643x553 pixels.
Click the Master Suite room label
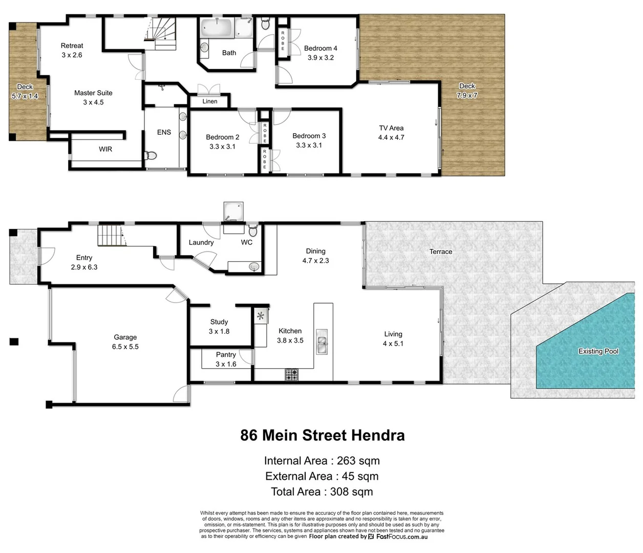(x=93, y=93)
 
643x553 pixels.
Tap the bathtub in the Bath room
(x=217, y=28)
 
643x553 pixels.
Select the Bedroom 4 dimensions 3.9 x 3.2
(x=320, y=58)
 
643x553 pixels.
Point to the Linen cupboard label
(x=210, y=101)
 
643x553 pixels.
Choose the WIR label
(x=105, y=149)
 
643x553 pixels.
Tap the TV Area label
(x=391, y=128)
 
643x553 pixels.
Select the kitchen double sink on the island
(x=322, y=342)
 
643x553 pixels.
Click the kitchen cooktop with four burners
(x=292, y=375)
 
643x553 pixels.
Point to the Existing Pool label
(x=598, y=351)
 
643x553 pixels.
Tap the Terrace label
(x=441, y=251)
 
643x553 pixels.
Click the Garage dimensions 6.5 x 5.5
(x=125, y=347)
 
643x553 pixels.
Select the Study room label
(x=219, y=322)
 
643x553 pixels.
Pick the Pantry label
(x=226, y=354)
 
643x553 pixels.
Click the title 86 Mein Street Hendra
(x=323, y=435)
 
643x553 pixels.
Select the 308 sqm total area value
(x=351, y=492)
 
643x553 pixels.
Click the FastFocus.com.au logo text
(x=401, y=537)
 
